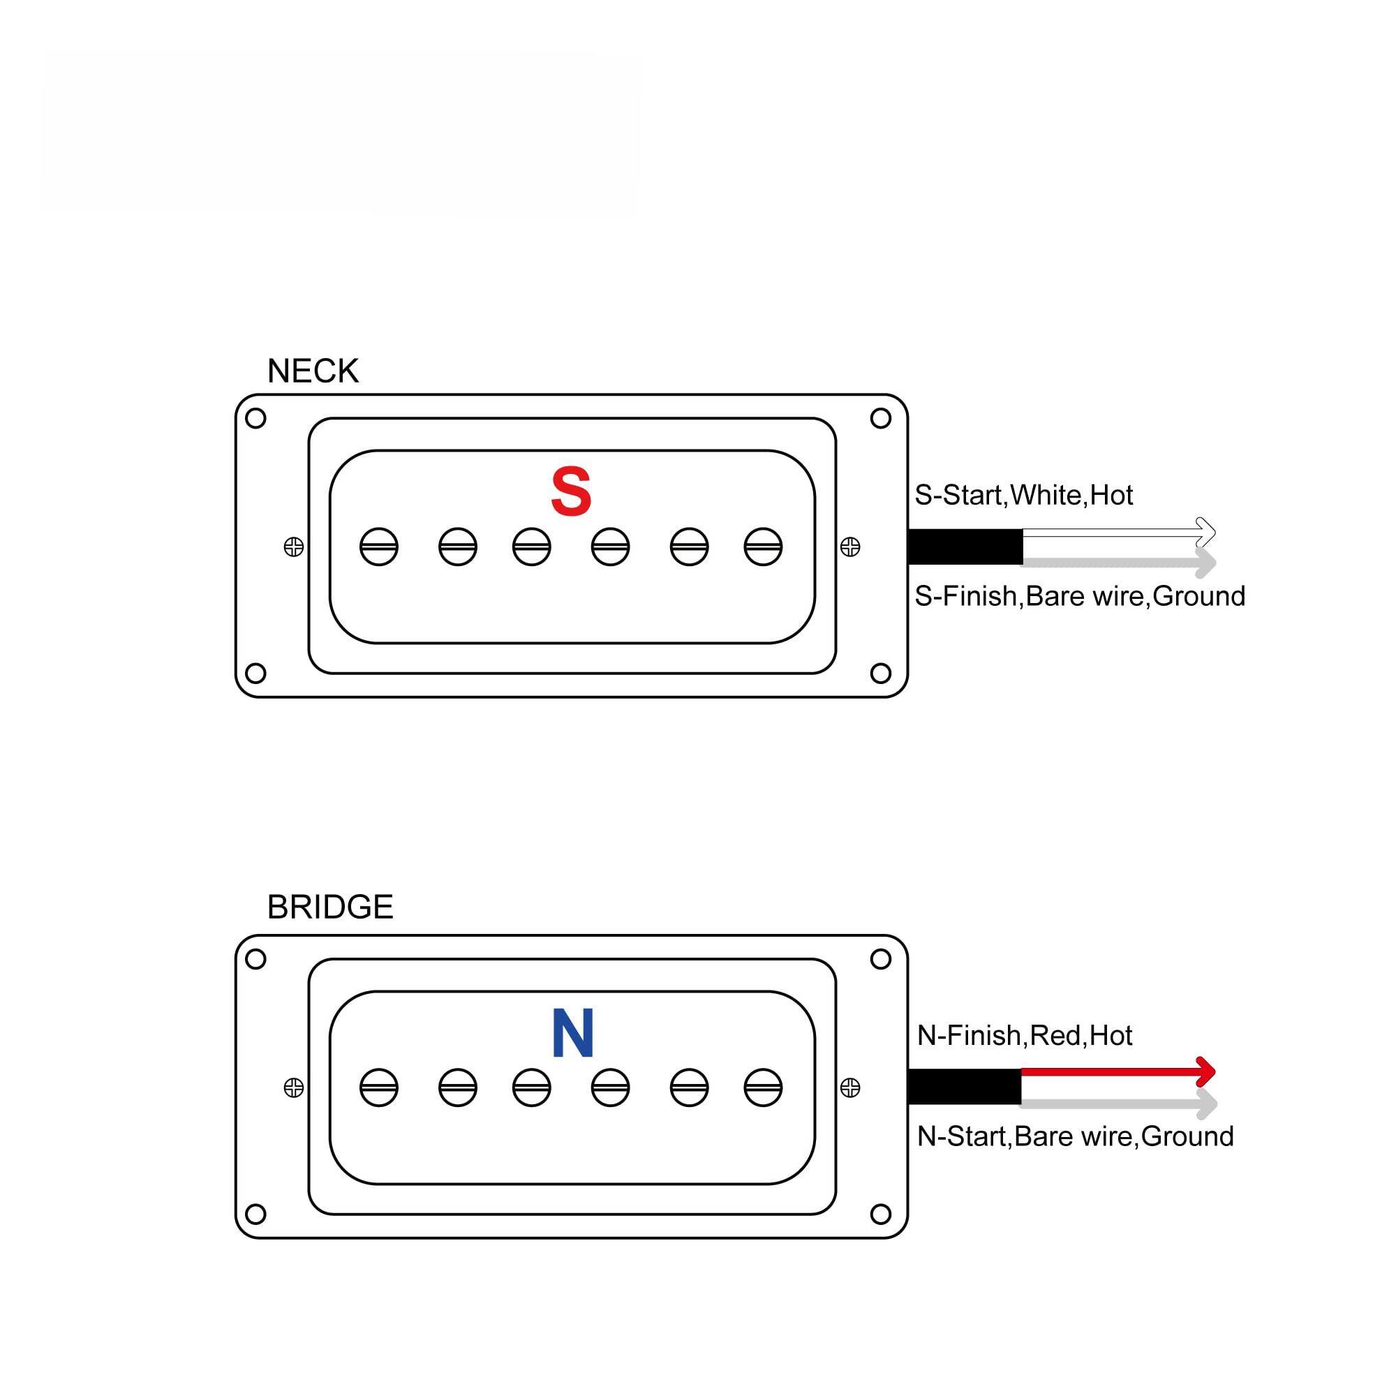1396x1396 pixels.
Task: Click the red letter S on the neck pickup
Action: point(571,492)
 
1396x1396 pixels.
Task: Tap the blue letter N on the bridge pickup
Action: point(572,1033)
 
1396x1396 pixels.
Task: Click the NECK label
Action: point(312,371)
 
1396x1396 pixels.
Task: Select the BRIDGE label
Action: point(329,907)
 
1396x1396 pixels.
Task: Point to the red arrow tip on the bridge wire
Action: point(1207,1071)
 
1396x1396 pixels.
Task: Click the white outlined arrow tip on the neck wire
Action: point(1207,532)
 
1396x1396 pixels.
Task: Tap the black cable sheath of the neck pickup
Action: point(965,547)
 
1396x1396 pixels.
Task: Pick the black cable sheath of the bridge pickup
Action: point(963,1087)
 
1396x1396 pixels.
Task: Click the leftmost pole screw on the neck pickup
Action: point(378,547)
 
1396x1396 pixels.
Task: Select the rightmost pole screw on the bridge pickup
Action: point(763,1087)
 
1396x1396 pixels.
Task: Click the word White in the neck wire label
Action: point(1045,496)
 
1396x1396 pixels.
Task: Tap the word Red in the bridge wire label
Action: point(1055,1035)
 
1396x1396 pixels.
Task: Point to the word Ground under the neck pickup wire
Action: point(1198,597)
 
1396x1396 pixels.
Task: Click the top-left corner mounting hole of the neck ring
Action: point(255,418)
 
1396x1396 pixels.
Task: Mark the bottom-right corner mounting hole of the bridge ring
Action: point(880,1215)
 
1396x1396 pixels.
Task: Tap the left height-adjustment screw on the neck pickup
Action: point(293,547)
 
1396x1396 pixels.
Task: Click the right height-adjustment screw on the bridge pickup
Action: point(849,1087)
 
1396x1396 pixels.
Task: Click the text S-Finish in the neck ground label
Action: point(965,597)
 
